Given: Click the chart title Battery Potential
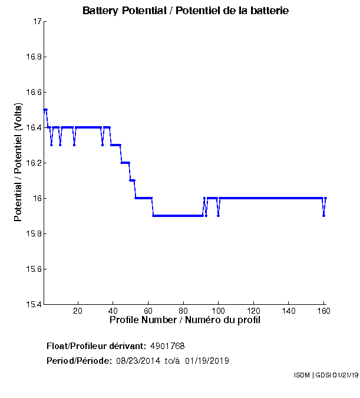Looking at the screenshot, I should (186, 11).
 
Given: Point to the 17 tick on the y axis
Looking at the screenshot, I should (37, 22).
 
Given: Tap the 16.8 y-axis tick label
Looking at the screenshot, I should (33, 57).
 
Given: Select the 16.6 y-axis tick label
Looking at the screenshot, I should (33, 93).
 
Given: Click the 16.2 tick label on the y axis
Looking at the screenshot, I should (33, 163).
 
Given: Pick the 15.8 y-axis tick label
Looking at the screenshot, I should (33, 234).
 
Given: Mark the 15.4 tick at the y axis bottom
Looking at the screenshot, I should (33, 305).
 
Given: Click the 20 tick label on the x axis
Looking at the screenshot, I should (78, 311).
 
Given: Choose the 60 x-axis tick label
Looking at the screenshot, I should (148, 311).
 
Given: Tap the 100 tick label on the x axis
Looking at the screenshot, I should (219, 311).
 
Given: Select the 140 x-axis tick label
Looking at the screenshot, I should (289, 311).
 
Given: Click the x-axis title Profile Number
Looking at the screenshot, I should (185, 320).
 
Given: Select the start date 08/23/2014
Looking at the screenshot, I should (136, 361).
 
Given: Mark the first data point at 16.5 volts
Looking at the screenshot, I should (45, 110).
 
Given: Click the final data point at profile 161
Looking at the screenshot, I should (326, 198).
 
